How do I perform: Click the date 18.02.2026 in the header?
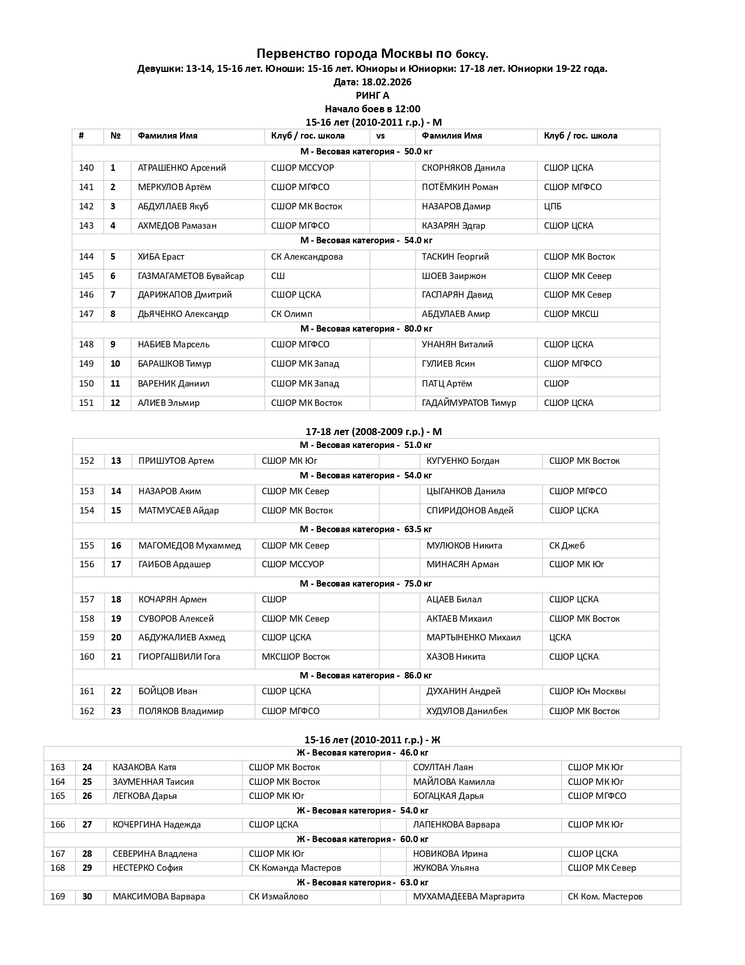coord(389,82)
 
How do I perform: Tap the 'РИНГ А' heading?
coord(372,95)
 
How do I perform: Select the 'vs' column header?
coord(380,136)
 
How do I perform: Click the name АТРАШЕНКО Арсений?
coord(182,168)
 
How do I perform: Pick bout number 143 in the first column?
coord(86,226)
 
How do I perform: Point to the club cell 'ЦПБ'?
coord(553,206)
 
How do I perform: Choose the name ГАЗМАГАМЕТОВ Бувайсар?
coord(191,276)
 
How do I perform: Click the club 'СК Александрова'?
coord(307,257)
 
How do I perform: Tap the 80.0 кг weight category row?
coord(366,329)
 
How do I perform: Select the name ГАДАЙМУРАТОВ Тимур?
coord(469,403)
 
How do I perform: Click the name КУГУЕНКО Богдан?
coord(463,461)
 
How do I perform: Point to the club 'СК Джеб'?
coord(567,546)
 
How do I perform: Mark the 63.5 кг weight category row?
coord(366,529)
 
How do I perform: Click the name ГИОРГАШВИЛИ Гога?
coord(179,657)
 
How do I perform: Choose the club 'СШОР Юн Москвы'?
coord(587,691)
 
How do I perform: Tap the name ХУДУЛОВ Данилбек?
coord(467,711)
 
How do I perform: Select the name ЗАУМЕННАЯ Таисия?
coord(153,782)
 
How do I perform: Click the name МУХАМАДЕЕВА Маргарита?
coord(469,897)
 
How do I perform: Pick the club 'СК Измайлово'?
coord(279,897)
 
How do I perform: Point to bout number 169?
coord(58,897)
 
